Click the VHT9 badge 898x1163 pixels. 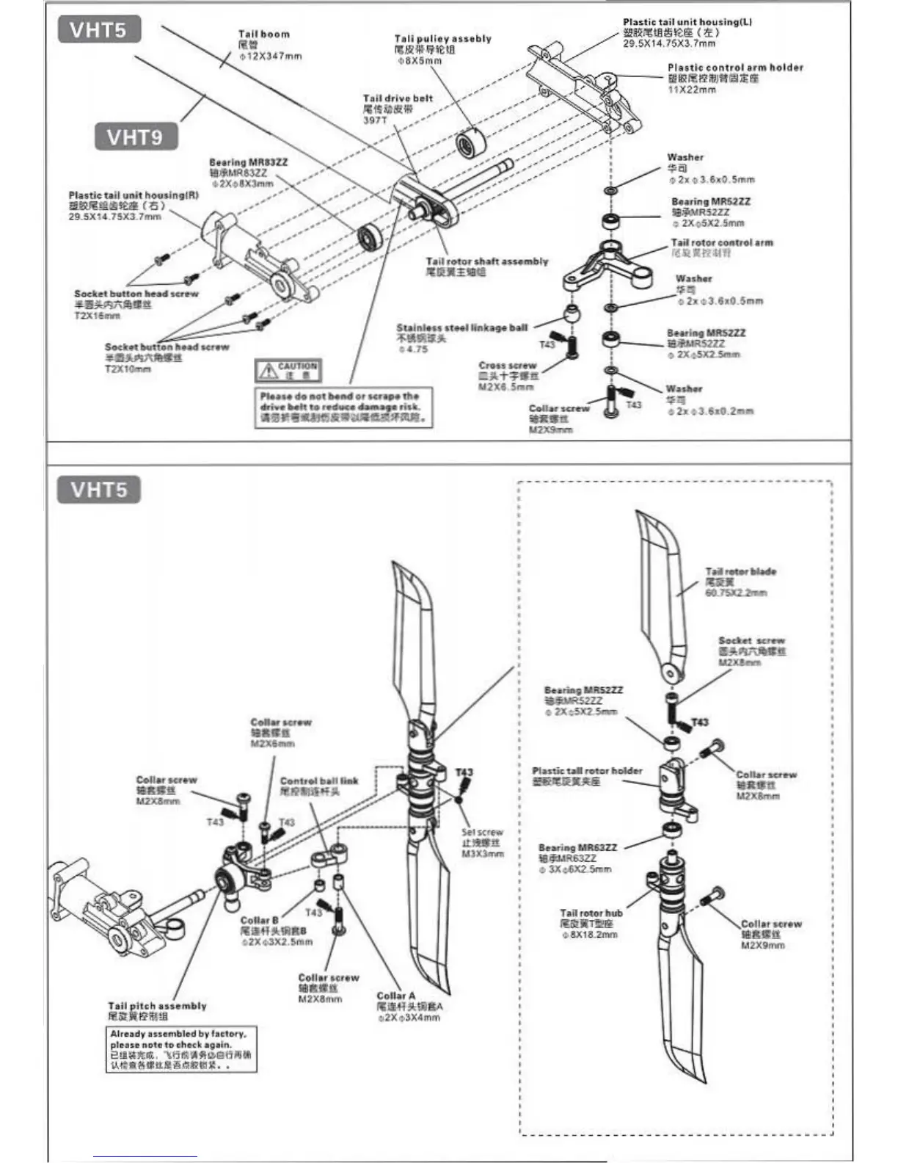[x=136, y=137]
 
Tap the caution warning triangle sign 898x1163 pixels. [x=266, y=371]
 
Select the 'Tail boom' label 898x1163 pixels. [x=263, y=34]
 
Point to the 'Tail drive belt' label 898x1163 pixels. [x=398, y=98]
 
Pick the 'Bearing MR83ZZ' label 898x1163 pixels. [x=248, y=162]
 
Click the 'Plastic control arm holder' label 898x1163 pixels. [x=734, y=68]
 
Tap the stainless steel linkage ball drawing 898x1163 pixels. [x=572, y=316]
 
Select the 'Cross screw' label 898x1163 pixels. [x=507, y=366]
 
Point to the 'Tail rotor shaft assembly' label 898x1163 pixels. [x=486, y=261]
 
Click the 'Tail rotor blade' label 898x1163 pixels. [x=740, y=571]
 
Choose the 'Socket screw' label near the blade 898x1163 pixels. [x=751, y=641]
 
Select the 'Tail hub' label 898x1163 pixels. [x=591, y=913]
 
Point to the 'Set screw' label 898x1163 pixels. [x=482, y=833]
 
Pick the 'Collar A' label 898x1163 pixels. [x=395, y=996]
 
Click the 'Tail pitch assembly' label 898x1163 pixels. [x=157, y=1006]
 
